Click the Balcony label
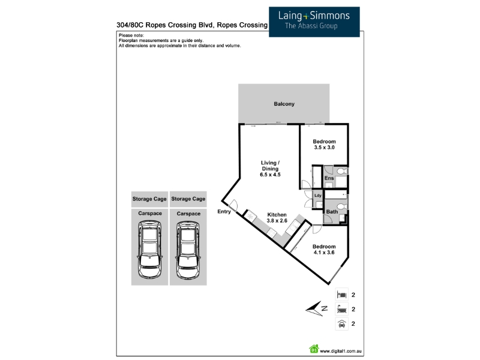coord(284,104)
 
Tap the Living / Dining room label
coord(270,169)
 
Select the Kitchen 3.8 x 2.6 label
coord(277,218)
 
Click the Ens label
coord(329,179)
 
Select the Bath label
coord(331,211)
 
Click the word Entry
coord(224,211)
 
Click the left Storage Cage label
coord(150,199)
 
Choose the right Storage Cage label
coord(188,199)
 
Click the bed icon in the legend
coord(341,295)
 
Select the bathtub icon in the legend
coord(341,310)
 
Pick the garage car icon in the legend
coord(341,325)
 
